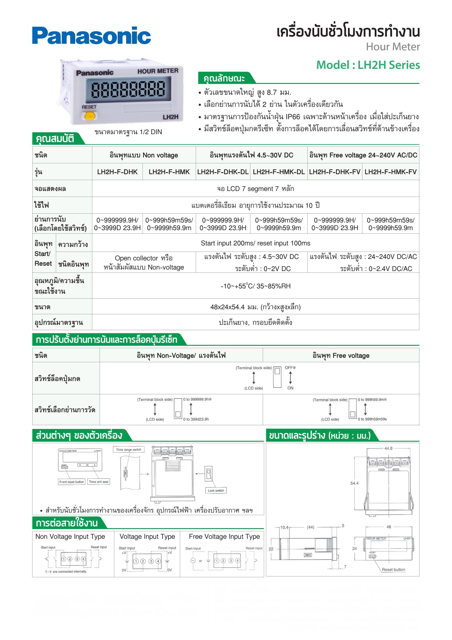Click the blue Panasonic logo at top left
pos(91,36)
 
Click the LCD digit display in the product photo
pos(128,89)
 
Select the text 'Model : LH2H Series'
pos(368,65)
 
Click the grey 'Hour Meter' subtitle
pos(393,47)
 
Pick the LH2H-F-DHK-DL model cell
pos(223,172)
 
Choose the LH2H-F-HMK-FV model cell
pos(391,172)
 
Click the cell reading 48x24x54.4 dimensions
pos(255,307)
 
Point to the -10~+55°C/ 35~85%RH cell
pos(255,286)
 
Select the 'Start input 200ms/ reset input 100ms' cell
pos(255,243)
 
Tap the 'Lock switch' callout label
pos(216,491)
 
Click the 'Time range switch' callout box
pos(128,450)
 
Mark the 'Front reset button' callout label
pos(72,482)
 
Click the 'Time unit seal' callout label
pos(99,482)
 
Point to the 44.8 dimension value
pos(388,448)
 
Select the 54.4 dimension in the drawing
pos(354,483)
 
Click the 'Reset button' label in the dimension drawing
pos(393,570)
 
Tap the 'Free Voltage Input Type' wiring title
pos(224,537)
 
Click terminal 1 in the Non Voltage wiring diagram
pos(64,559)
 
